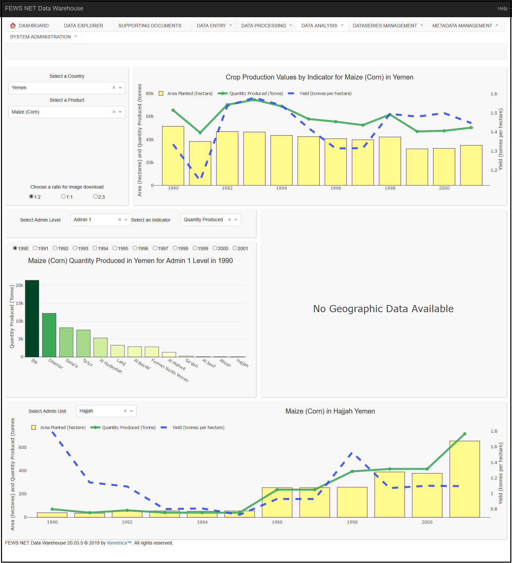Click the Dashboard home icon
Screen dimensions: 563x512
[13, 26]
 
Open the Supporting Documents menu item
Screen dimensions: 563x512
[150, 26]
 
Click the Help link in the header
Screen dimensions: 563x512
[502, 8]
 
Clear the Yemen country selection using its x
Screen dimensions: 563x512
[114, 88]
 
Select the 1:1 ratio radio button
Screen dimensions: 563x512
[63, 197]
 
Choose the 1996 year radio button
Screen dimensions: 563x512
[135, 249]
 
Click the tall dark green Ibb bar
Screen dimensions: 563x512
[32, 318]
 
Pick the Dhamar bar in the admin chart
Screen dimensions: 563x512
[49, 335]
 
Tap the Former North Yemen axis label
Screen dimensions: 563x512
[170, 370]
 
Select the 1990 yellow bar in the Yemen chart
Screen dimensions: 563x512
[173, 156]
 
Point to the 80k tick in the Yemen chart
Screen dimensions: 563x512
[150, 94]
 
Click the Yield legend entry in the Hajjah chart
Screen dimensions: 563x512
[198, 428]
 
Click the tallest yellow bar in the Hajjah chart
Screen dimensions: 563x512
[464, 479]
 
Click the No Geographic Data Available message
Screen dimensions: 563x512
[383, 309]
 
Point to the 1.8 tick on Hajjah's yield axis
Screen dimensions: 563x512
[493, 431]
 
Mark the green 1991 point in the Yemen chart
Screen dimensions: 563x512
[200, 133]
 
